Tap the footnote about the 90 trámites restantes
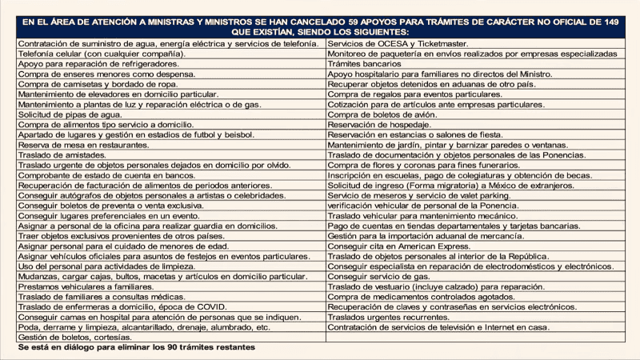coord(136,349)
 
